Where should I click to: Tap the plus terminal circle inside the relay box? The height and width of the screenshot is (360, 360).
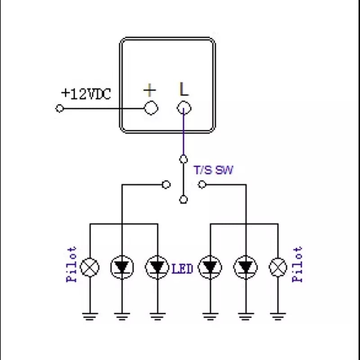pos(151,108)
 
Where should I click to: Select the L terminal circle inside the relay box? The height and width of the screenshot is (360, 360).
pos(184,108)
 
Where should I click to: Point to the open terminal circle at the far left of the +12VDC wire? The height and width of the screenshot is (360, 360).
pos(59,108)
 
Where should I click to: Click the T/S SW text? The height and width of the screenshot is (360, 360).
pos(213,171)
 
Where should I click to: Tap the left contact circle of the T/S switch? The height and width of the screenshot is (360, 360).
pos(166,184)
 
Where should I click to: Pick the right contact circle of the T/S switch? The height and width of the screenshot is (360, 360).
pos(202,184)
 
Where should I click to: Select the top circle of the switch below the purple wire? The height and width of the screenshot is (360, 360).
pos(183,159)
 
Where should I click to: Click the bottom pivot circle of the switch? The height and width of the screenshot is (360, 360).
pos(183,199)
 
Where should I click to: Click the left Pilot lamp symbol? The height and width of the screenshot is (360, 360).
pos(90,267)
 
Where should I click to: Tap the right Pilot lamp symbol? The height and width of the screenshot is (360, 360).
pos(278,267)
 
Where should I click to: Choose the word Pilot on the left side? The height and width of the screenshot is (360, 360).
pos(72,264)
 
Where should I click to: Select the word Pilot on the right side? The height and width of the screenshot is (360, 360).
pos(297,264)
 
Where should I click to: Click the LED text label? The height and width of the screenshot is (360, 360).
pos(182,269)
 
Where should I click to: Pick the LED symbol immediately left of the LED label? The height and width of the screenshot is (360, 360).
pos(157,267)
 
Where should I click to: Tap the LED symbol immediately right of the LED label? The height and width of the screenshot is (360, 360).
pos(209,267)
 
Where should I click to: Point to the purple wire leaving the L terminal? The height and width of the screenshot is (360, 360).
pos(183,135)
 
